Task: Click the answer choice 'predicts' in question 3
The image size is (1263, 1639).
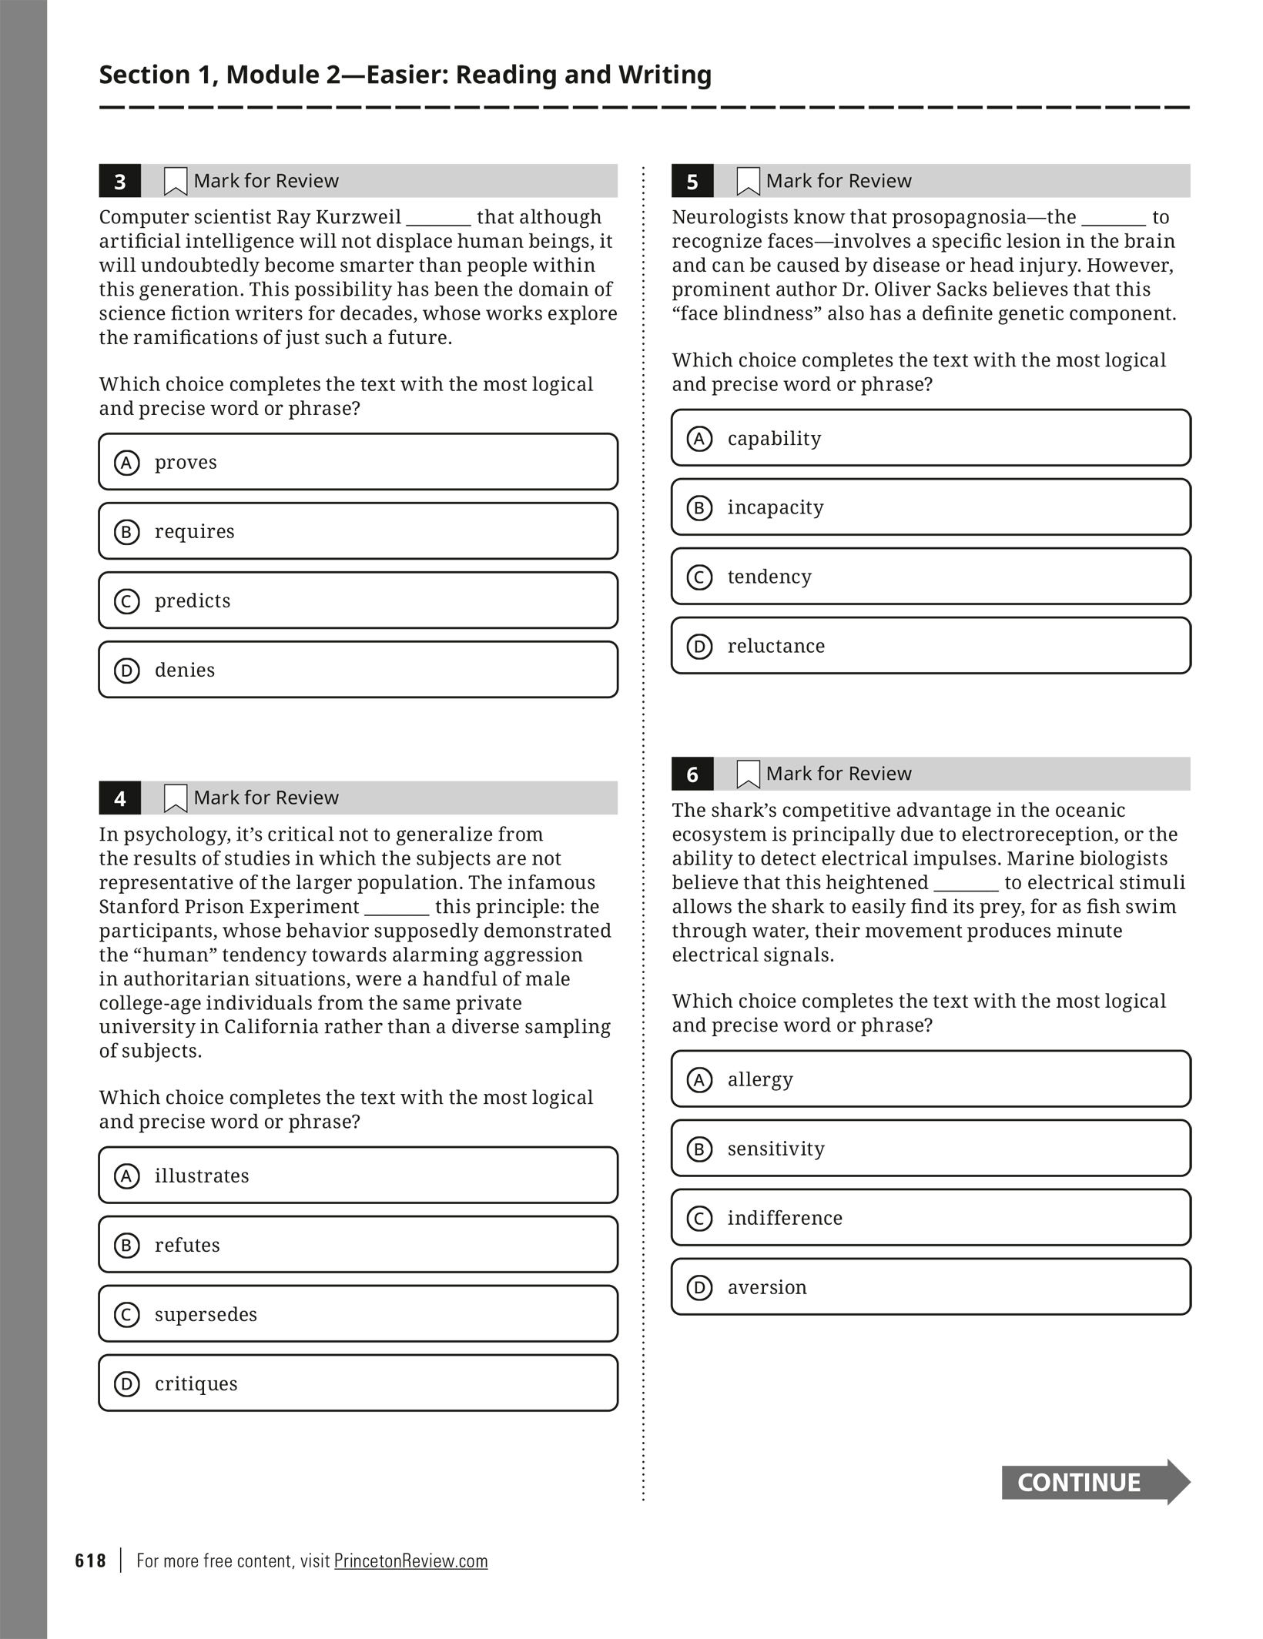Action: (358, 600)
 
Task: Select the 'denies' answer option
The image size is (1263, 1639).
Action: (358, 670)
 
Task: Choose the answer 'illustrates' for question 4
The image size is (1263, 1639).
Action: (358, 1176)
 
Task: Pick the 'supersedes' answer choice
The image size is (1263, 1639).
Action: (358, 1314)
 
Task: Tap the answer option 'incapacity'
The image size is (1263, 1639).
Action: (930, 507)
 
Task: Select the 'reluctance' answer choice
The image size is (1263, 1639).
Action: (930, 646)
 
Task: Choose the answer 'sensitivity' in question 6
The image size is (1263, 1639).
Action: (930, 1149)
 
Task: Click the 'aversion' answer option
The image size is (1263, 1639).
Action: (930, 1287)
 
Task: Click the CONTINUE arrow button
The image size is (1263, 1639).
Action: (1094, 1482)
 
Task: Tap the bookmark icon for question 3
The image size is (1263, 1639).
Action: (176, 182)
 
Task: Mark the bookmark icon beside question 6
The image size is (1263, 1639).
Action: (748, 774)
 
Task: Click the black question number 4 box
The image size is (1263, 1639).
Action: (120, 798)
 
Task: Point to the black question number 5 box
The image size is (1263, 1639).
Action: (692, 182)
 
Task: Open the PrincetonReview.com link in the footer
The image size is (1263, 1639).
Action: (410, 1560)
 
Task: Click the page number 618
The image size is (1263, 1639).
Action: (90, 1560)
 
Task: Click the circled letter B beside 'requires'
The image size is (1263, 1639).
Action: (127, 532)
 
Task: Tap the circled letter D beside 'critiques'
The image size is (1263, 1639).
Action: (127, 1384)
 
